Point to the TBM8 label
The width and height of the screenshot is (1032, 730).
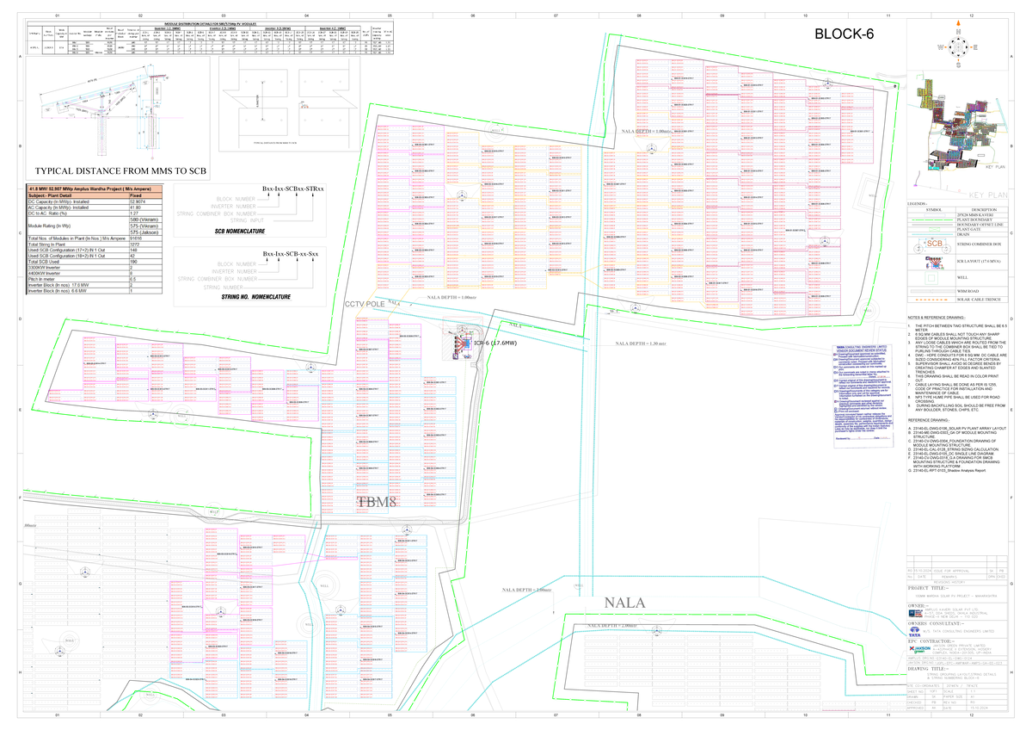pyautogui.click(x=377, y=502)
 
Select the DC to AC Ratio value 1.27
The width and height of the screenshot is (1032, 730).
pyautogui.click(x=133, y=213)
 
